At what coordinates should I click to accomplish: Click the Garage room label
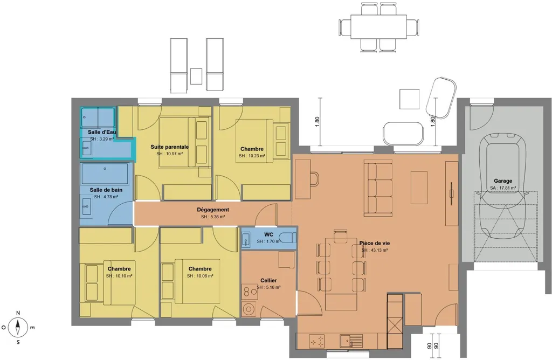tap(503, 181)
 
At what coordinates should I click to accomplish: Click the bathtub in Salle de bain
tap(105, 173)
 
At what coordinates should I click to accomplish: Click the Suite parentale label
tap(170, 147)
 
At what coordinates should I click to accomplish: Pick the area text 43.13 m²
tap(375, 250)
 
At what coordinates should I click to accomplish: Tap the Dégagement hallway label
tap(213, 210)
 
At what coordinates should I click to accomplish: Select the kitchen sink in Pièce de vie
tap(351, 341)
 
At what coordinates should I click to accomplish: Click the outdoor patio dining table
tap(378, 26)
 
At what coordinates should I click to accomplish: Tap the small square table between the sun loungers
tap(196, 77)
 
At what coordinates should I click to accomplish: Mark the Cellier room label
tap(268, 280)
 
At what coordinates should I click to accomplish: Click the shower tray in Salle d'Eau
tap(98, 117)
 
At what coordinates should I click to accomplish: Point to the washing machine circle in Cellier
tap(250, 309)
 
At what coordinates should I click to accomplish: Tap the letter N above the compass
tap(18, 313)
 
